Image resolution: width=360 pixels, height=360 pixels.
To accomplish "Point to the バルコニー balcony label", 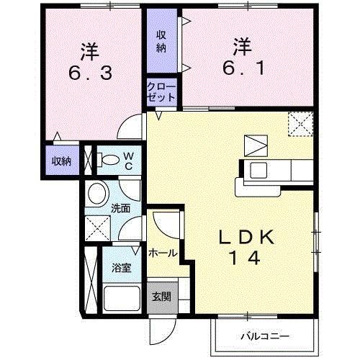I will (x=264, y=336).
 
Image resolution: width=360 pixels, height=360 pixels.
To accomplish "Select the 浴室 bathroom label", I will (x=120, y=268).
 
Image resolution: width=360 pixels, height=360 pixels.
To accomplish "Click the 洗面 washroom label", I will (x=120, y=209).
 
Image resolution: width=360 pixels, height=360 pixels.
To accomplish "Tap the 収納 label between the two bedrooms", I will (x=161, y=41).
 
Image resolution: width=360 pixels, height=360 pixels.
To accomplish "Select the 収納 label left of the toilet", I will (x=60, y=160).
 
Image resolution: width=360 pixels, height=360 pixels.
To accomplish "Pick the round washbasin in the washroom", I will (x=97, y=194).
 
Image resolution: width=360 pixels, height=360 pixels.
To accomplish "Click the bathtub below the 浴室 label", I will (x=121, y=297).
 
